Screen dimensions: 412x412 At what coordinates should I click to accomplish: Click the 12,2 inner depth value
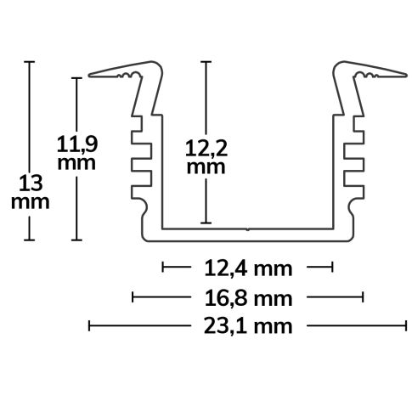pos(205,150)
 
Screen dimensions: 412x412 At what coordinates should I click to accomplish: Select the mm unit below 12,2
pos(205,167)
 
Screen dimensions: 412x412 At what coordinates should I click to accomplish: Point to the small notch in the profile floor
pos(247,228)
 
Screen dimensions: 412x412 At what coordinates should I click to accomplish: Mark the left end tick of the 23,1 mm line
pos(89,325)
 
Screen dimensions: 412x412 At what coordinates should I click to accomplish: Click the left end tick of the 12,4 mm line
pos(162,269)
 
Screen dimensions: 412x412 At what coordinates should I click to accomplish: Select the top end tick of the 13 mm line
pos(31,61)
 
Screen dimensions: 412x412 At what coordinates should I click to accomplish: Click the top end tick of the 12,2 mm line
pos(205,61)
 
